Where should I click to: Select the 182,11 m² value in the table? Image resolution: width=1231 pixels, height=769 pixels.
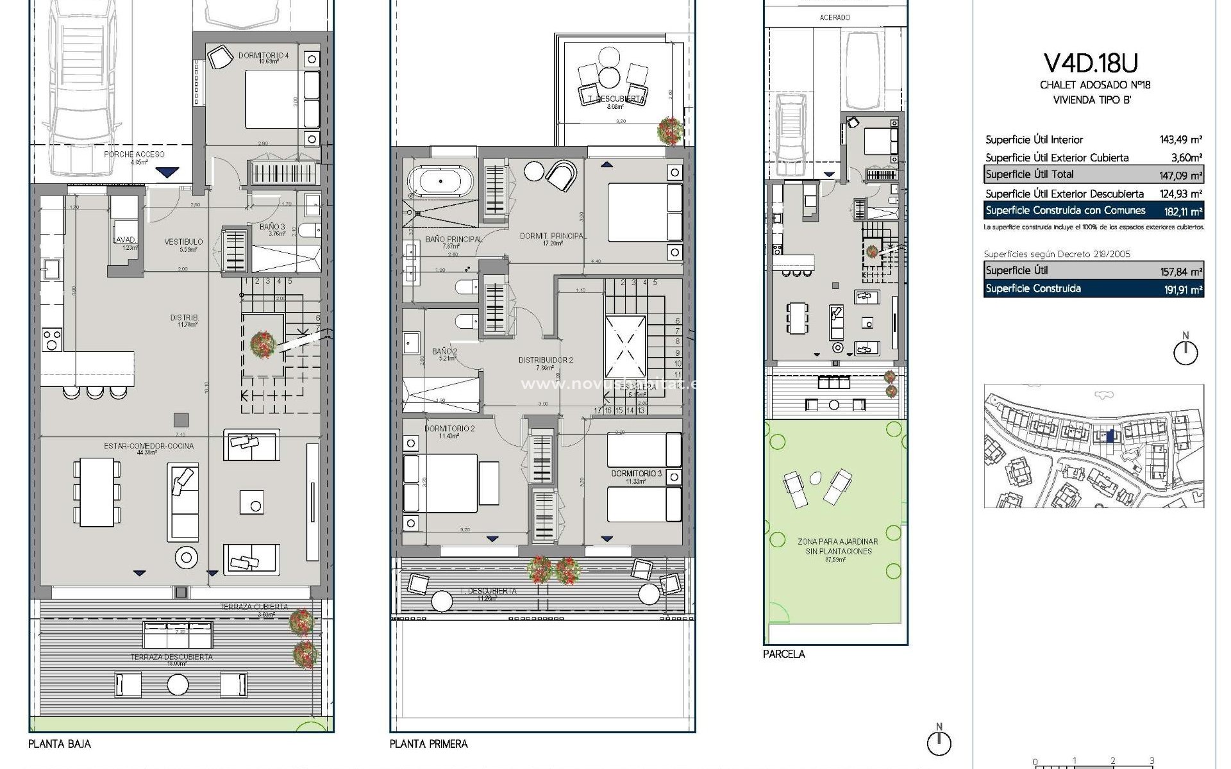1182,211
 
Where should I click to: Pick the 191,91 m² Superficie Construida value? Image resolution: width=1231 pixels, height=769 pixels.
1182,290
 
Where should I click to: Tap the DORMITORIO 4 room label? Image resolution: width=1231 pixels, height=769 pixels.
264,56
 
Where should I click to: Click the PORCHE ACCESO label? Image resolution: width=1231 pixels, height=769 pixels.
134,154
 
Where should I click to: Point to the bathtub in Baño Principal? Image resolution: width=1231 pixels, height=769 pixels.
441,181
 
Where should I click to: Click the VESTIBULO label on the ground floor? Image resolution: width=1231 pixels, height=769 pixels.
183,242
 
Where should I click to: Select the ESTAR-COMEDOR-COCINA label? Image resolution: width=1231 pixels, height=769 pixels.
149,446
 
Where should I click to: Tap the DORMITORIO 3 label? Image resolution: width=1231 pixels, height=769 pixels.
636,474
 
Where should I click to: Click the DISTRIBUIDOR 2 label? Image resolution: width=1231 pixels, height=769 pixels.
546,360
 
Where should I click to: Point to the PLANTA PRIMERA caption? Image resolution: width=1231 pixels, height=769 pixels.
428,744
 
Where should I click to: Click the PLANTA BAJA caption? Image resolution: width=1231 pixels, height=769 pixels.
60,744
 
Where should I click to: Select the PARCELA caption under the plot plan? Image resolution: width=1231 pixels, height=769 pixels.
783,654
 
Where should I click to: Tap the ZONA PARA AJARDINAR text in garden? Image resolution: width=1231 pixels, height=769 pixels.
837,542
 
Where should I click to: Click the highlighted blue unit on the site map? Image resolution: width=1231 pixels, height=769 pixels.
1111,436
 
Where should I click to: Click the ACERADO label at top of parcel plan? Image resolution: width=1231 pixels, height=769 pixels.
835,17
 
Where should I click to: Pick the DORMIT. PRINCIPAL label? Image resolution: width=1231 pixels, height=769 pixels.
551,236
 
